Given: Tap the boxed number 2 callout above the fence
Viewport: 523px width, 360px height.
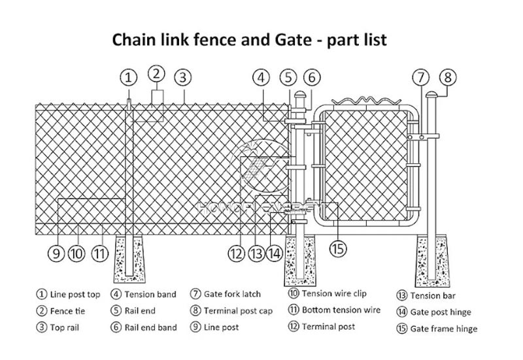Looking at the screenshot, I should coord(157,73).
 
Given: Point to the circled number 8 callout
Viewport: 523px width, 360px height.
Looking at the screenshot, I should coord(447,78).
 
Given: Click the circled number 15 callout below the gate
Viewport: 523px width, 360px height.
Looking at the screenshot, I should coord(337,248).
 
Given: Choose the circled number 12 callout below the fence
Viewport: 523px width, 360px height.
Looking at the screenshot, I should coord(237,252).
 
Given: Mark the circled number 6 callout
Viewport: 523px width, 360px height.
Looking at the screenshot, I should coord(312,78).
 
